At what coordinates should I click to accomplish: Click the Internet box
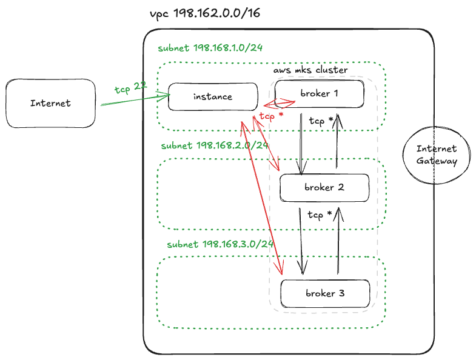[x=50, y=103]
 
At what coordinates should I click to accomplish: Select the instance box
[x=212, y=97]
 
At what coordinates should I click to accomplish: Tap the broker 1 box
[x=319, y=93]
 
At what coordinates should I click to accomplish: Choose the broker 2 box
[x=324, y=188]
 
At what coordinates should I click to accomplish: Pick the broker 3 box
[x=325, y=293]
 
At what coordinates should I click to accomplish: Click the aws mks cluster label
[x=310, y=70]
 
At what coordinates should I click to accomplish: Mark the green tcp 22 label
[x=130, y=88]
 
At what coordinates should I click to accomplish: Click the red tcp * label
[x=270, y=116]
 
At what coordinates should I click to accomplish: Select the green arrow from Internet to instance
[x=130, y=99]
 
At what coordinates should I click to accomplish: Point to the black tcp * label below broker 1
[x=321, y=120]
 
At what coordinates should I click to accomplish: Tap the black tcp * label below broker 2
[x=320, y=215]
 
